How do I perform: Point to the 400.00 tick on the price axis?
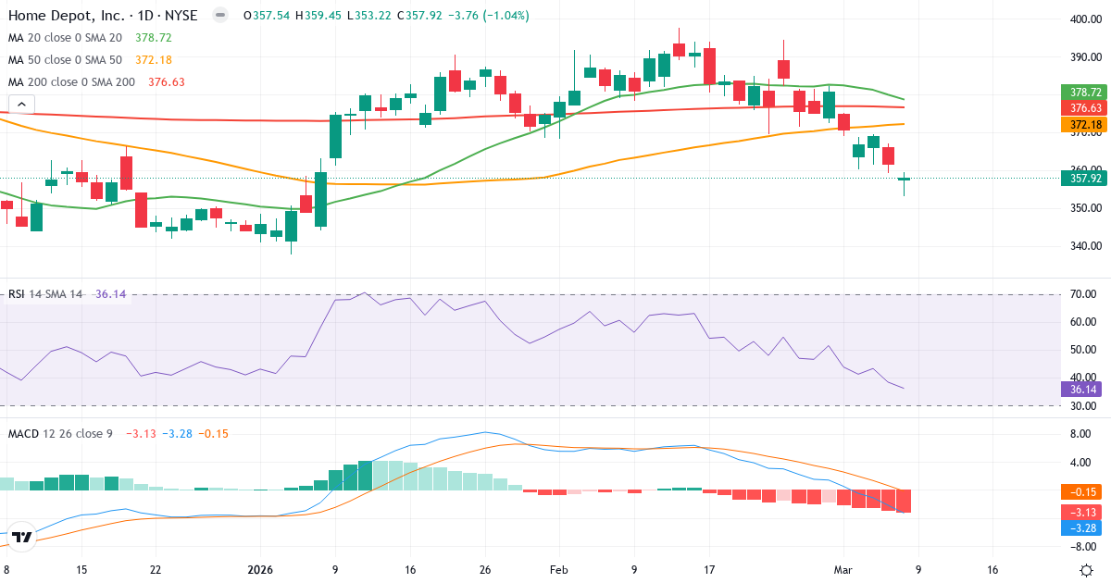pos(1084,19)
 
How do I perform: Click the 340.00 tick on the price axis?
pos(1084,246)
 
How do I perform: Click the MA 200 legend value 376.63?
pos(167,81)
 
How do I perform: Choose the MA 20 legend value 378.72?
pos(154,37)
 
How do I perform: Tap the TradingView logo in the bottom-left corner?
pos(22,537)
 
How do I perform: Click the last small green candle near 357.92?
pos(905,179)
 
